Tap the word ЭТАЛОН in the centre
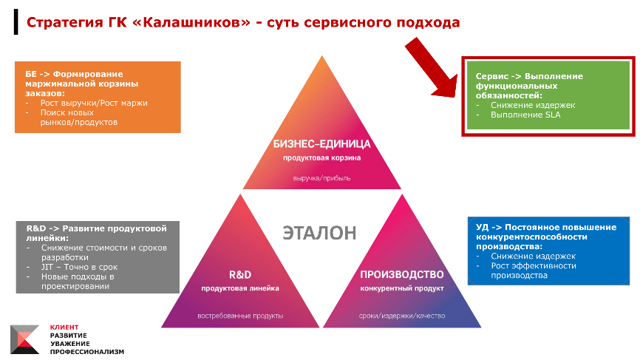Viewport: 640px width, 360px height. (x=319, y=233)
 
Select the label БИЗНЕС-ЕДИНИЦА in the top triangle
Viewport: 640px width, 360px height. (x=321, y=143)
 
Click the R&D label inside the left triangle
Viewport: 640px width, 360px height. (x=240, y=275)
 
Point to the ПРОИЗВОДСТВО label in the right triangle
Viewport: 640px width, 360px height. (x=401, y=274)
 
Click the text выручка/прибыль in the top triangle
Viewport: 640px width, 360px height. (x=321, y=178)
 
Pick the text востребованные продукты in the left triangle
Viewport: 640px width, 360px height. (x=240, y=316)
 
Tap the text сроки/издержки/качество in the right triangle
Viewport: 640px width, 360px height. (x=402, y=316)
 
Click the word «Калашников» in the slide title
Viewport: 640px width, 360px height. (x=191, y=22)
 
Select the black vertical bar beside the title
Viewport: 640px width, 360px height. (x=16, y=22)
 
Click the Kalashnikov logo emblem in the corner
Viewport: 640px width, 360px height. (x=25, y=339)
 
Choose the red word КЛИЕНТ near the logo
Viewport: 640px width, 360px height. (x=64, y=327)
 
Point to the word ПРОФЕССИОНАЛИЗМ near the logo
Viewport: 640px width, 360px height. (x=87, y=352)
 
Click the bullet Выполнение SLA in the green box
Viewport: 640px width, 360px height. (x=525, y=115)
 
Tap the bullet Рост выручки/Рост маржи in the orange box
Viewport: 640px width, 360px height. (x=94, y=103)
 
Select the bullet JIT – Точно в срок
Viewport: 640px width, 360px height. (x=79, y=267)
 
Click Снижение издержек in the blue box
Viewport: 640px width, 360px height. (x=533, y=256)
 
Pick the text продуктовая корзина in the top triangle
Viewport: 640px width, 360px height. (x=321, y=157)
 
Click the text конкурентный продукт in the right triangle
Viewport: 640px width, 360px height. (x=401, y=288)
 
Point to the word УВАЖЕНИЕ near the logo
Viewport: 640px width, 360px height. (x=69, y=344)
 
